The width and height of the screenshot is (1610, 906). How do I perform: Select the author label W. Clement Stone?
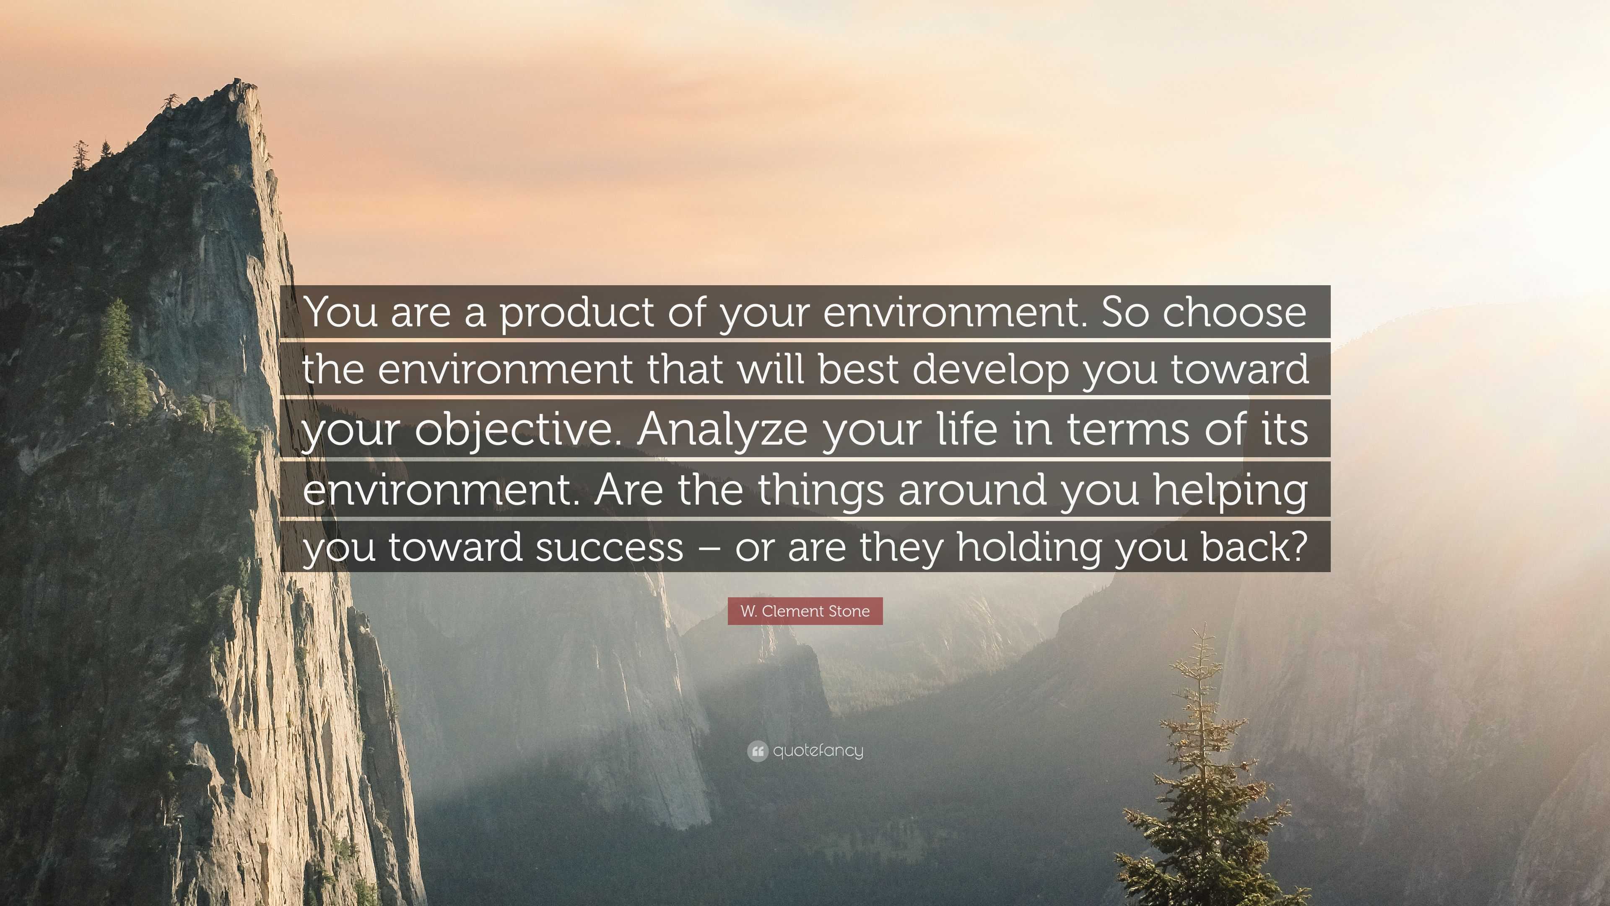tap(805, 611)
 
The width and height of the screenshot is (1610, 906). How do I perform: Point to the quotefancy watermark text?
tap(818, 751)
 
